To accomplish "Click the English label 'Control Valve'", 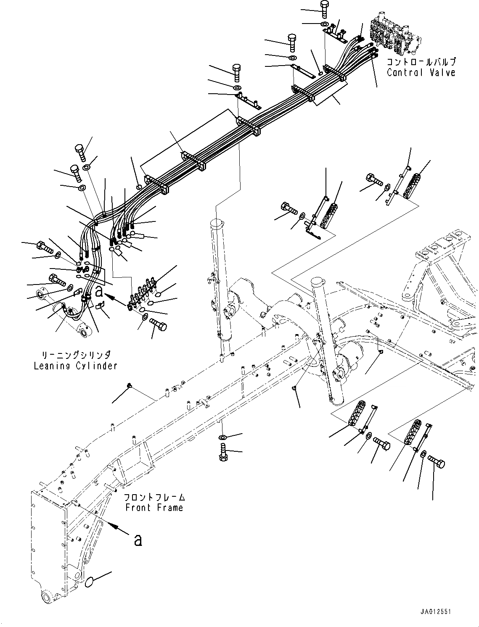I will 421,72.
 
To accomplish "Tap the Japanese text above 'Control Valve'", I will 421,62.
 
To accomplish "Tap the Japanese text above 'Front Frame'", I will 154,497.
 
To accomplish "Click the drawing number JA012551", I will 434,612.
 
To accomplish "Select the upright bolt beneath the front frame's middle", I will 222,454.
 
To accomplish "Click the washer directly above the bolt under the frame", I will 222,438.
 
